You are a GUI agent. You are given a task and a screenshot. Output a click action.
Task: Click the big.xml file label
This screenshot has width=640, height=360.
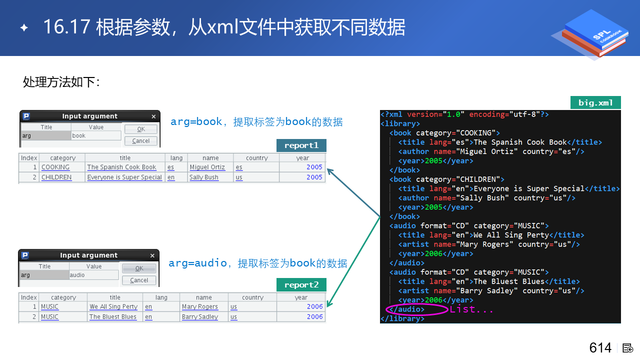[x=595, y=103]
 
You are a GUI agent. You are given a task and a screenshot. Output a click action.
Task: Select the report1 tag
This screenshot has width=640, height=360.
[x=301, y=145]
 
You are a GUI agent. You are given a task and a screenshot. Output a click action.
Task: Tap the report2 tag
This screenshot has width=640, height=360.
[x=301, y=285]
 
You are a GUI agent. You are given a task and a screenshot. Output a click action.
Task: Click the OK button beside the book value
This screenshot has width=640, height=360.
[x=141, y=129]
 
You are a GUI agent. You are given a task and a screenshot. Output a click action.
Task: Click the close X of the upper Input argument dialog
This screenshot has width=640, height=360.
[x=153, y=116]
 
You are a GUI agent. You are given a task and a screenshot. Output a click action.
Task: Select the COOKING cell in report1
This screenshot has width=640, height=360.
[x=55, y=167]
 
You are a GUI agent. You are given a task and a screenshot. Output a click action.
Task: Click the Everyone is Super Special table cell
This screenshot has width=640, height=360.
[x=124, y=177]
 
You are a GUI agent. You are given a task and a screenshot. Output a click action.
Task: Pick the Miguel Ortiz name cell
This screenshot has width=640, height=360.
[x=207, y=167]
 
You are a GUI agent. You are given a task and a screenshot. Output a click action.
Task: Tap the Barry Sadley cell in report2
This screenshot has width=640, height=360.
[x=200, y=317]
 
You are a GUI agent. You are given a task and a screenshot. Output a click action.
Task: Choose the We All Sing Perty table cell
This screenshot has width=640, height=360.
[x=113, y=307]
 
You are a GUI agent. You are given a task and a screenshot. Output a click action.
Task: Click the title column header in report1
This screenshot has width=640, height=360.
[x=125, y=158]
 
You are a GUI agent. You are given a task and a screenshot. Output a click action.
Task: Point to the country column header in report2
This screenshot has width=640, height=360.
[x=252, y=297]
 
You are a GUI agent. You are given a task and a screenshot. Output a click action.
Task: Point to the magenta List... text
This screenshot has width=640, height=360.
[x=471, y=309]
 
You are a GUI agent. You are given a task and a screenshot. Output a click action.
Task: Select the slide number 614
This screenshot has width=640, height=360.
[x=600, y=348]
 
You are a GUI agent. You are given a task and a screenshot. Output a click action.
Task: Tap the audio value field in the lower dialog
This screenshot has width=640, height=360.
[x=94, y=275]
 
